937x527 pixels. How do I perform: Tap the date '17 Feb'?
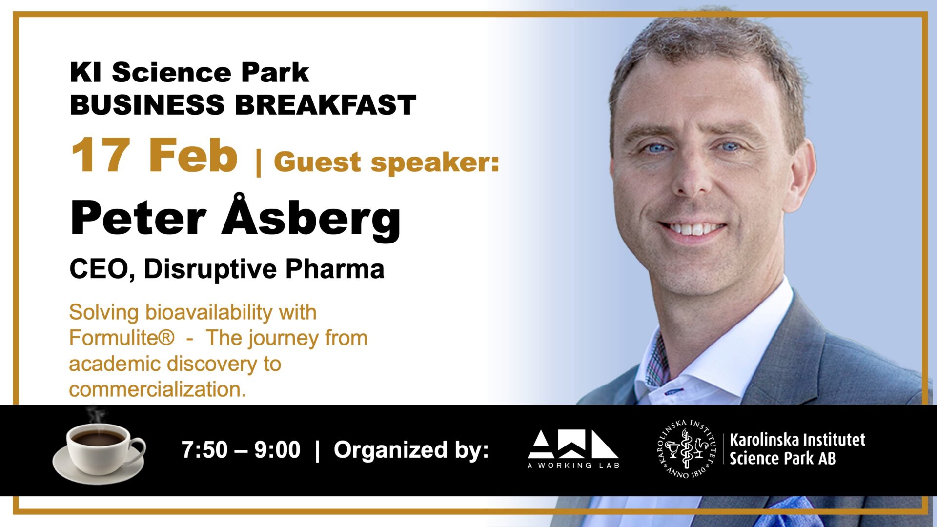click(154, 155)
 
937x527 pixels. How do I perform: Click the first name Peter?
click(138, 218)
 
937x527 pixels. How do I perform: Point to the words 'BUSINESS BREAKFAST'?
click(243, 105)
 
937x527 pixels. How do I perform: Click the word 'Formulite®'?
click(122, 338)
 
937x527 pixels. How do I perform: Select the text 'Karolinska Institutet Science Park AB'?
click(797, 449)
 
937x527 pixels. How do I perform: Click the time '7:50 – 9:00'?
click(241, 449)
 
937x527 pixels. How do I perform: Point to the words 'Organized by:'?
click(411, 450)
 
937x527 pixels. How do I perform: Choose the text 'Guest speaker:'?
click(387, 162)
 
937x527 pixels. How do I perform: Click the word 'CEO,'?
click(102, 269)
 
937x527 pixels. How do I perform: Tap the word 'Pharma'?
click(335, 269)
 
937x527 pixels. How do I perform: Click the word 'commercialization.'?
click(157, 389)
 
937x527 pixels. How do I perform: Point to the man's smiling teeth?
click(692, 228)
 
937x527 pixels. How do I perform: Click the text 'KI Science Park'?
click(189, 73)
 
